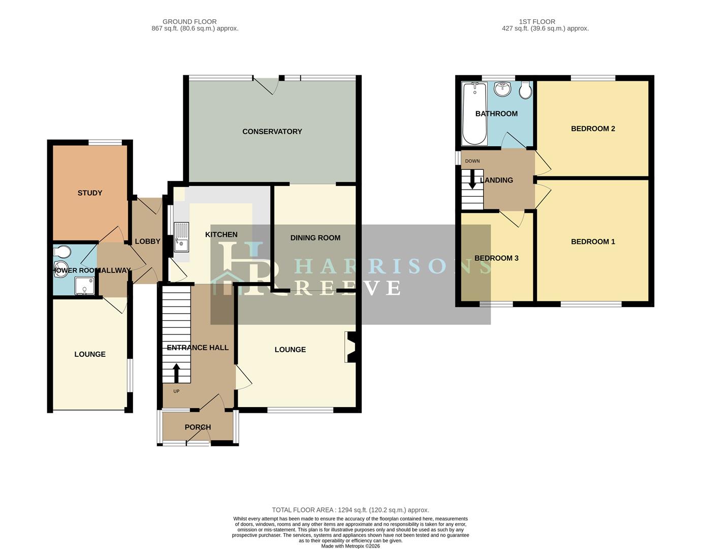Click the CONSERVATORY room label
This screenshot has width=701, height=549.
[272, 132]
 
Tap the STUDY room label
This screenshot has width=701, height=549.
[90, 193]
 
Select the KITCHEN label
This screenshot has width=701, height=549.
[221, 235]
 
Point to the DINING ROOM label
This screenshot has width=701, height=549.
[315, 238]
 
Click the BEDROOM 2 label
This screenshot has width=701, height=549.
[593, 129]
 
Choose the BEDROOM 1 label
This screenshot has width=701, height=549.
[593, 242]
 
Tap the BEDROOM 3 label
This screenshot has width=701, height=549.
[496, 258]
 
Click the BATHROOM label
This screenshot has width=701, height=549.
[496, 114]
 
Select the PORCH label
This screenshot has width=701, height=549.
[198, 428]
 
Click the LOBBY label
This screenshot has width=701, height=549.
[147, 241]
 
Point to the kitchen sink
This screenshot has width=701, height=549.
[181, 237]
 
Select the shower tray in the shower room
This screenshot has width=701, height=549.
[85, 286]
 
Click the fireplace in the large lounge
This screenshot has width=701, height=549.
[350, 347]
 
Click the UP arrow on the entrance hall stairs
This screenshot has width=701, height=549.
[177, 373]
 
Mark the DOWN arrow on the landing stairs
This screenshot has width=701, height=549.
[472, 179]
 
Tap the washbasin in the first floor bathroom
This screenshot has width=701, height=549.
[503, 89]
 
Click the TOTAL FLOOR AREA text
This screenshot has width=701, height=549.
[350, 510]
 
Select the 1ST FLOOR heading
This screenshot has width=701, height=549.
[537, 22]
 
